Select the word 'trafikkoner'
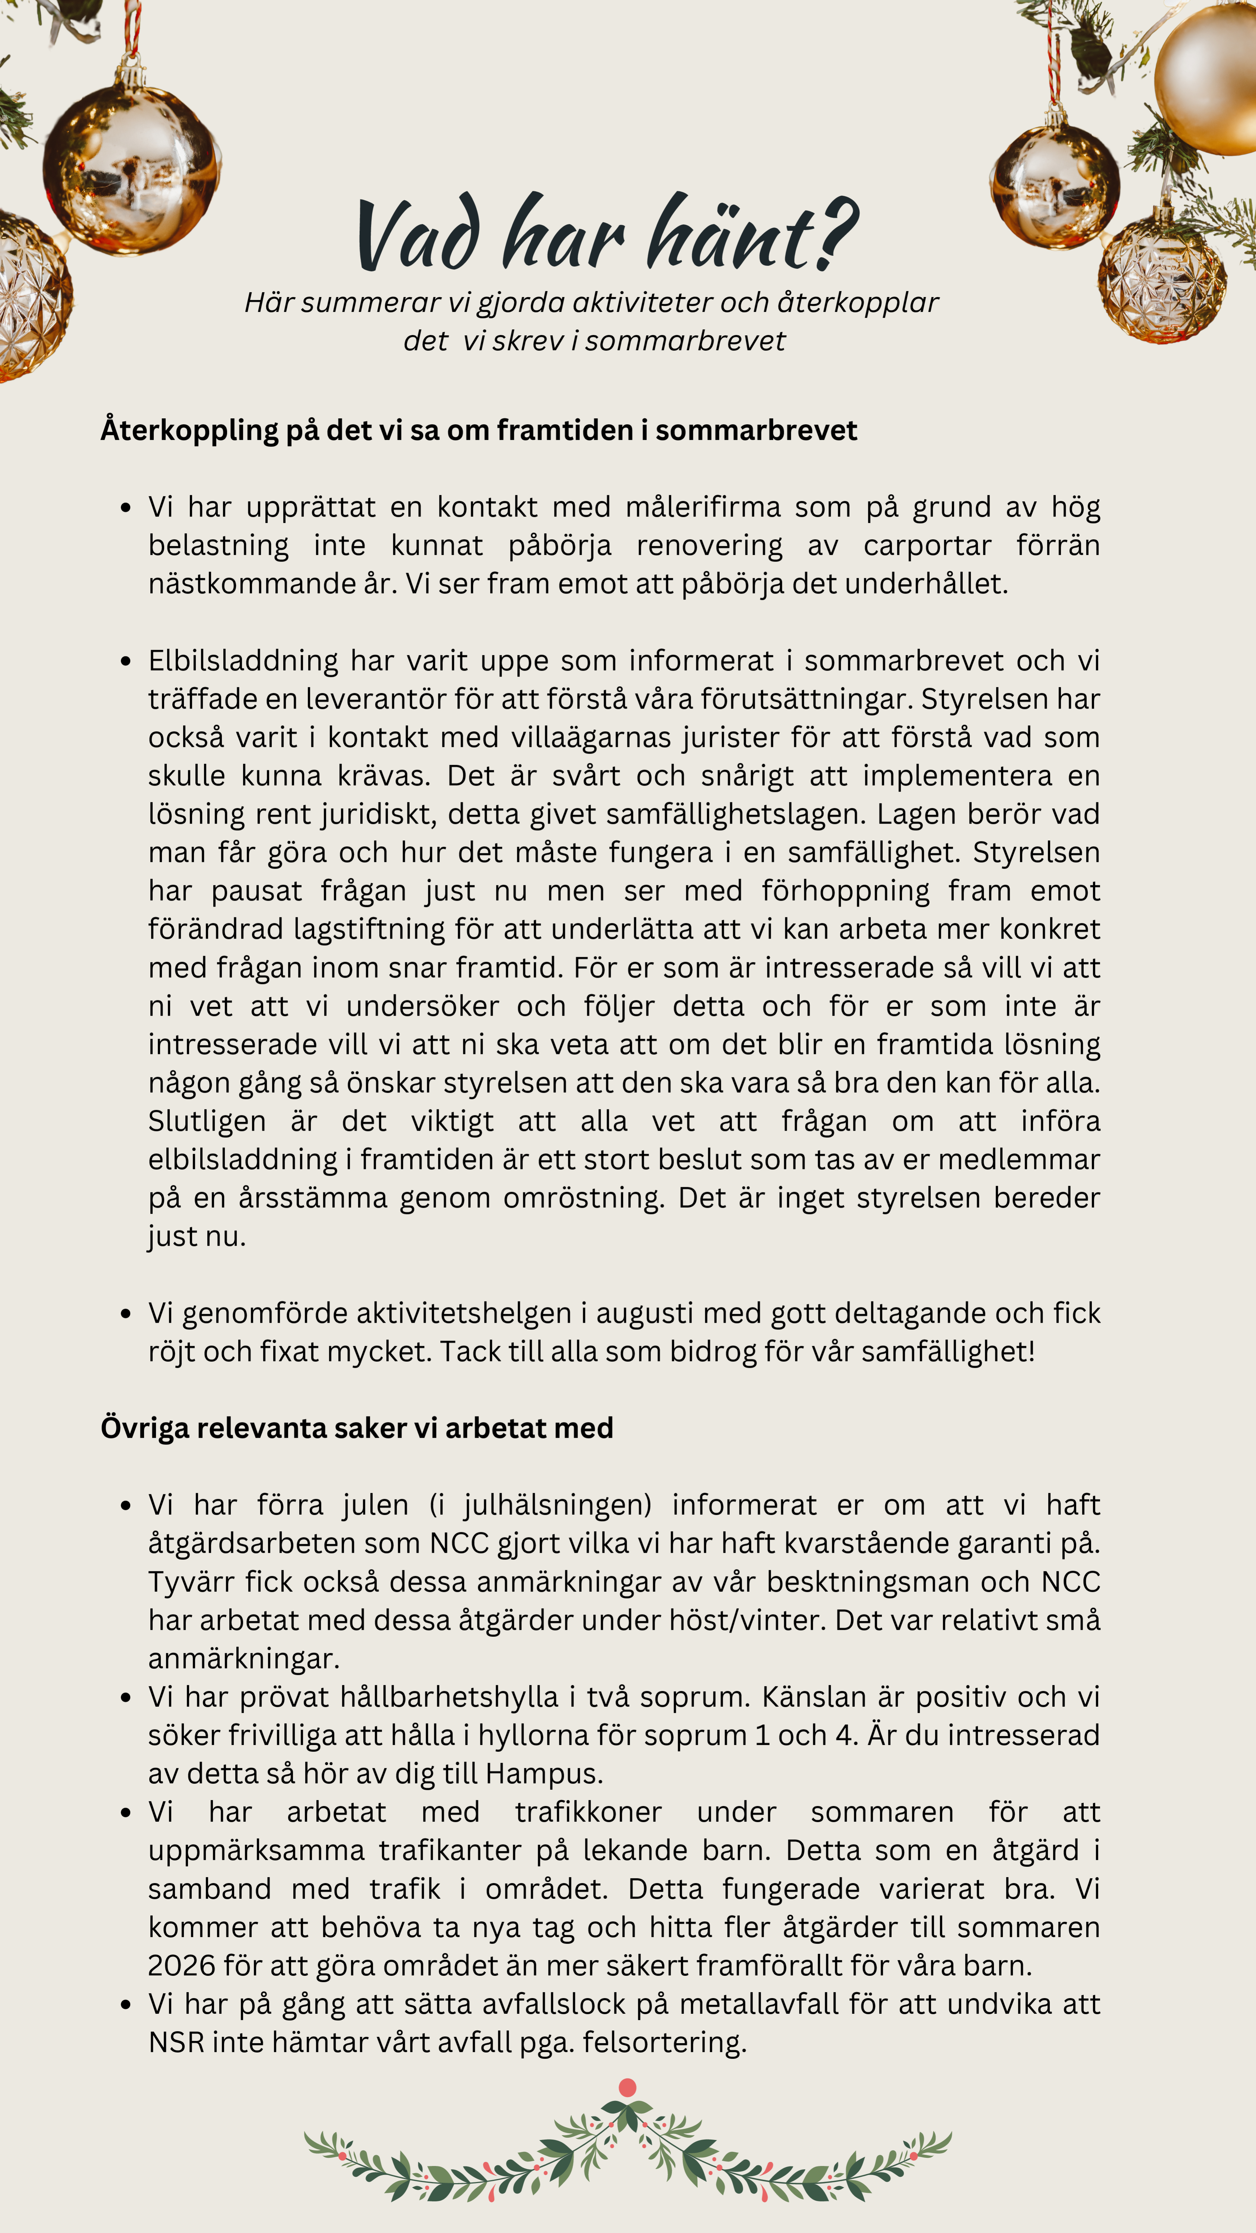(588, 1812)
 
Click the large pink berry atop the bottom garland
(627, 2087)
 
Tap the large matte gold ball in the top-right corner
(1209, 80)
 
